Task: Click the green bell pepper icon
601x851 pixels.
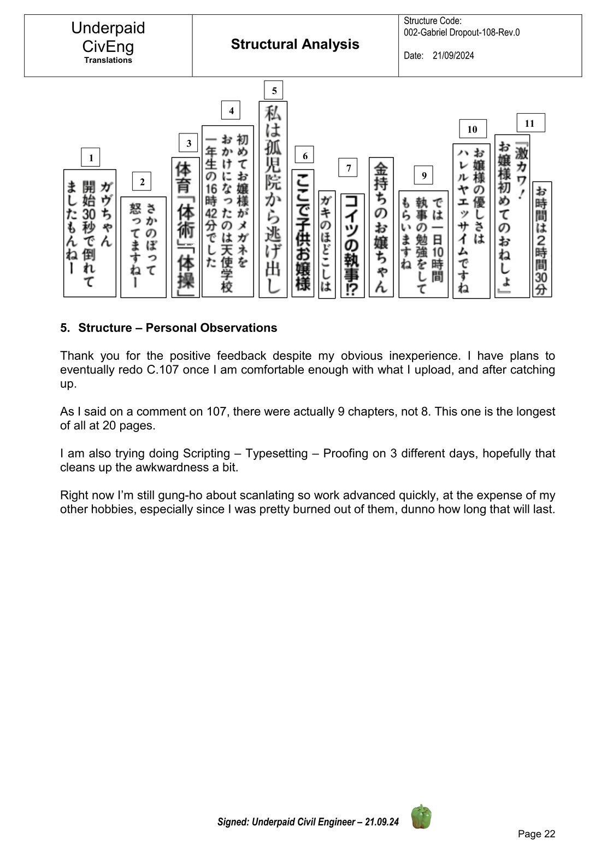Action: pyautogui.click(x=421, y=817)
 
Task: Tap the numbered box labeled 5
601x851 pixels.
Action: pyautogui.click(x=273, y=90)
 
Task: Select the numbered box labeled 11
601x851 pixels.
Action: pyautogui.click(x=530, y=123)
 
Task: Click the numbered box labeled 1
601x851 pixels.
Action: pyautogui.click(x=91, y=158)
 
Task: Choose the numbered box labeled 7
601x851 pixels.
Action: pyautogui.click(x=348, y=168)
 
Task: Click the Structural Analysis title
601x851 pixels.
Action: pyautogui.click(x=295, y=44)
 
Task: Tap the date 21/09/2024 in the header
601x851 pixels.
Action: pyautogui.click(x=453, y=56)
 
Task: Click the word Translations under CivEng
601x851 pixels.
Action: pyautogui.click(x=108, y=61)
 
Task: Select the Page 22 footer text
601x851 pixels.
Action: pyautogui.click(x=537, y=833)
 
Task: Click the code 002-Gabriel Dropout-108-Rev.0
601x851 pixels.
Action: pyautogui.click(x=462, y=32)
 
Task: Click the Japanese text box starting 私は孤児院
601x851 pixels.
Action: pyautogui.click(x=273, y=199)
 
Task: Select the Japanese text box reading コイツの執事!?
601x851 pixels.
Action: pyautogui.click(x=352, y=246)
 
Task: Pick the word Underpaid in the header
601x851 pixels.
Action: pyautogui.click(x=108, y=28)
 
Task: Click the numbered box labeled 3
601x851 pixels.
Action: pyautogui.click(x=188, y=143)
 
